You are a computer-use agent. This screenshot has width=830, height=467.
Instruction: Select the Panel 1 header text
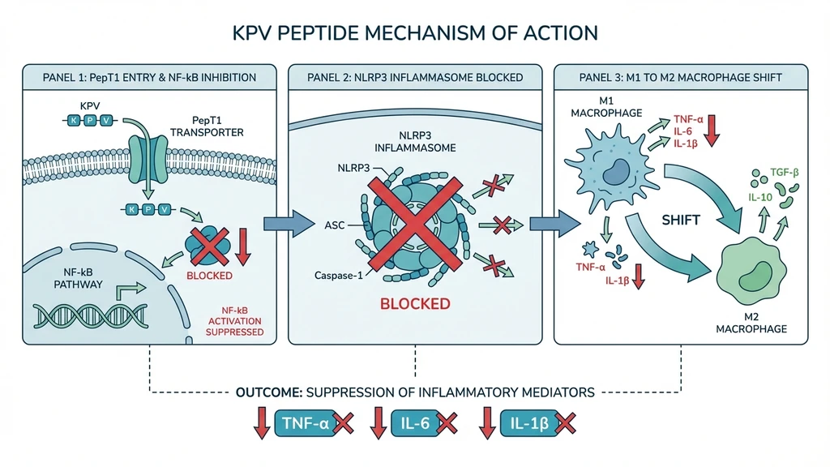(x=149, y=78)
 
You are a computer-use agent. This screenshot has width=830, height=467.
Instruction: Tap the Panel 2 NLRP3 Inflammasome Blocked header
(x=415, y=78)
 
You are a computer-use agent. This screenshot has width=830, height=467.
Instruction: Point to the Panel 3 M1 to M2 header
(x=680, y=78)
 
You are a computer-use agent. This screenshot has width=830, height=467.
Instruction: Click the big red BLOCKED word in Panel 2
(x=415, y=304)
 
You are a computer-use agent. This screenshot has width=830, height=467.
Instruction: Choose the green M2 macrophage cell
(x=749, y=268)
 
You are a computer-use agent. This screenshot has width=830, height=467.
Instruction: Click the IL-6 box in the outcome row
(x=416, y=422)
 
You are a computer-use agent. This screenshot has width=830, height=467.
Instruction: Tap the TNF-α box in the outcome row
(x=305, y=422)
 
